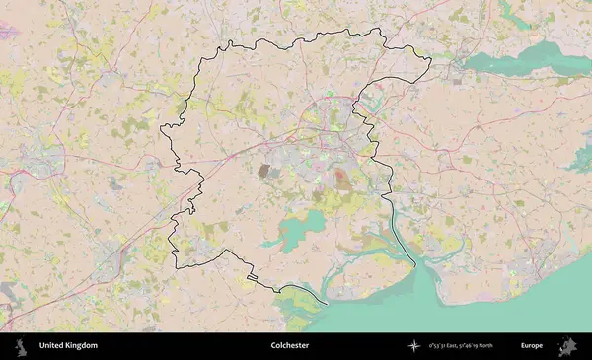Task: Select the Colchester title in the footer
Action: [x=290, y=346]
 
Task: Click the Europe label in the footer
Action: [x=532, y=346]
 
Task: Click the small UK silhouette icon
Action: [x=20, y=346]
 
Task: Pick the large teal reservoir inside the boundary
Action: [x=296, y=231]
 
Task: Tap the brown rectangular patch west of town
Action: [x=265, y=171]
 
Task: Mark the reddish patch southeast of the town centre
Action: [x=341, y=180]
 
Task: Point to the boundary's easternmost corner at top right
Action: [x=431, y=62]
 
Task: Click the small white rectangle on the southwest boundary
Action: [x=253, y=278]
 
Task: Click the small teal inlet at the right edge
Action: [x=582, y=158]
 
